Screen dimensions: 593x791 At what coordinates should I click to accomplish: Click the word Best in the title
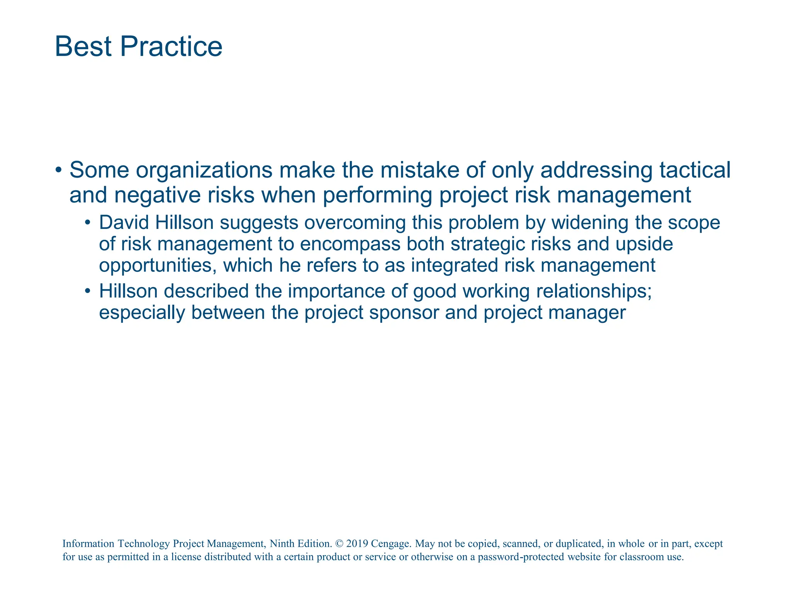[83, 47]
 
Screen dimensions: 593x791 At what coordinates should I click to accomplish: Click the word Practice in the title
[171, 47]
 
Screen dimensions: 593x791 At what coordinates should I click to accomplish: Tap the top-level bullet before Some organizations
[58, 170]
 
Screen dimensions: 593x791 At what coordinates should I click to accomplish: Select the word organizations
[204, 170]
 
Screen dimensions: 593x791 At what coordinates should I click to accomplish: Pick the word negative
[158, 195]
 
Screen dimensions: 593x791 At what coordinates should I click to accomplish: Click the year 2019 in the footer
[357, 544]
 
